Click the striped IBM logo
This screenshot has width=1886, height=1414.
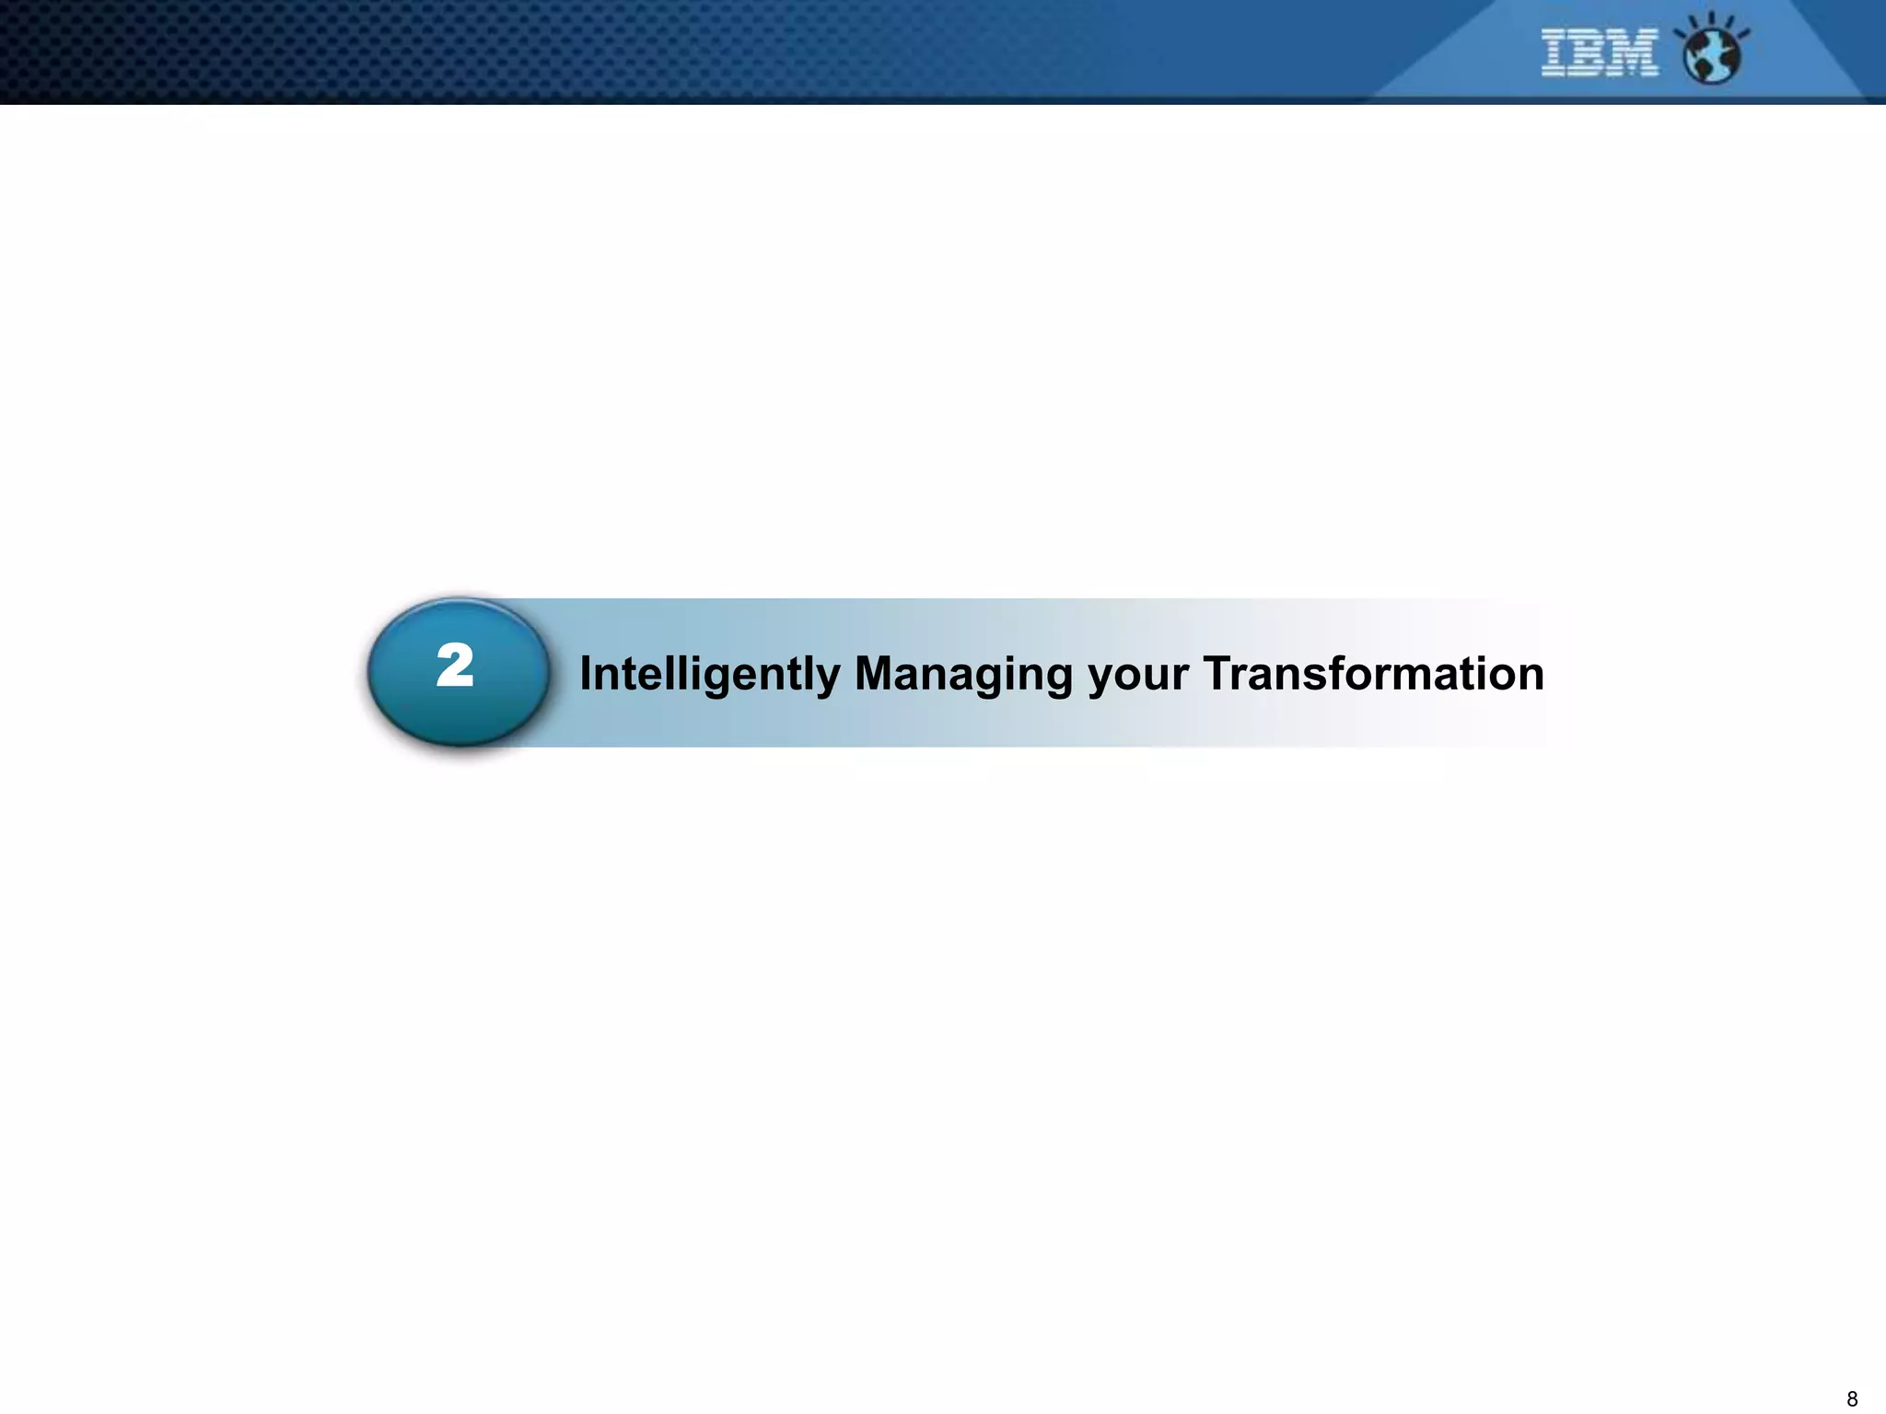(1600, 52)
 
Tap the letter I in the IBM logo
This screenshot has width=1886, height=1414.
(1555, 52)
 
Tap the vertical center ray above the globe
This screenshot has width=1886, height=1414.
(1712, 19)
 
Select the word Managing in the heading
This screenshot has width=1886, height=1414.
(963, 674)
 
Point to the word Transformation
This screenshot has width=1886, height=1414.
(1373, 673)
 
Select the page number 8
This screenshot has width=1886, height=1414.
(1852, 1399)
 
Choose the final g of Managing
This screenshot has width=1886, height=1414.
(1058, 678)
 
